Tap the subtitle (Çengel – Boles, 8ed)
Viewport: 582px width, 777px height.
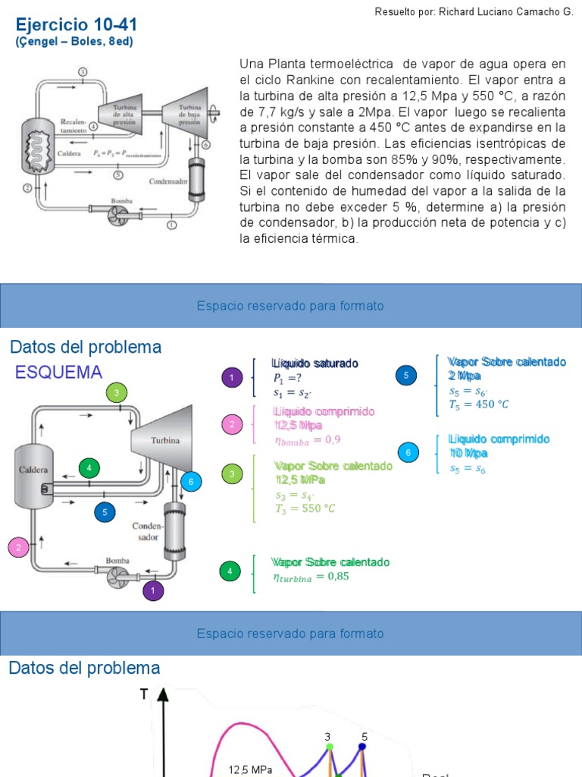pos(74,42)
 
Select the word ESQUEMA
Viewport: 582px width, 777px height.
pos(59,372)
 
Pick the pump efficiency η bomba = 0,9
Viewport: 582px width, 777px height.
pos(307,439)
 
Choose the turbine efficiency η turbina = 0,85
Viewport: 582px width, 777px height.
pos(311,577)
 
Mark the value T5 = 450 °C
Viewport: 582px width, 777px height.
pos(478,404)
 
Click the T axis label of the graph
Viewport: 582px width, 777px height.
pos(144,693)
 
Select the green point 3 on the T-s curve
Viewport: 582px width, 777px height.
pos(329,747)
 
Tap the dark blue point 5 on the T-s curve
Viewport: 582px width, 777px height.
pos(362,747)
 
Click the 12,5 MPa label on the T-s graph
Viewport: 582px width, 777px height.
pos(251,769)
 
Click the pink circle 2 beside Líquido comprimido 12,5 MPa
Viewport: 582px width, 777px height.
pos(232,424)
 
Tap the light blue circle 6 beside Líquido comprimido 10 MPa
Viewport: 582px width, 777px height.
pos(408,453)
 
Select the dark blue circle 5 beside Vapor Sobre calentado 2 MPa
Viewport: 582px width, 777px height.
pos(406,375)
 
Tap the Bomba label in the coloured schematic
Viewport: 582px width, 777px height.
pos(117,560)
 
